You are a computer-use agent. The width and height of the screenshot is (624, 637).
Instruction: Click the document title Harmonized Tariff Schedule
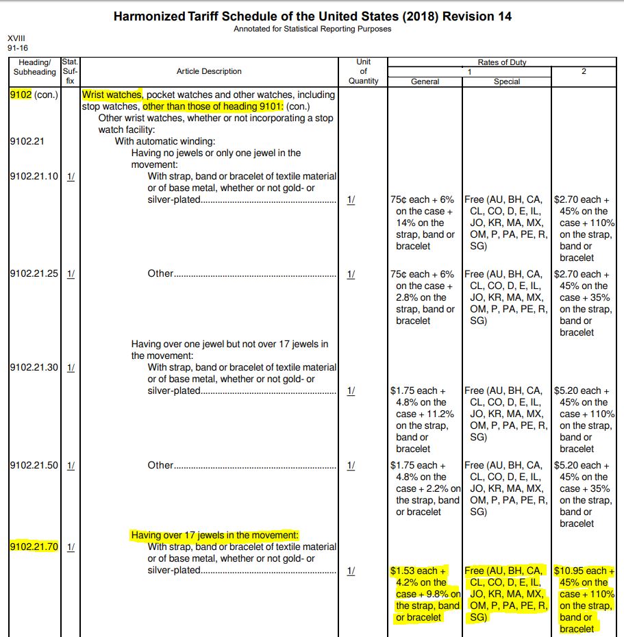312,16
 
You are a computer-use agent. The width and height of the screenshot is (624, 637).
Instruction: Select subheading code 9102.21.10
34,176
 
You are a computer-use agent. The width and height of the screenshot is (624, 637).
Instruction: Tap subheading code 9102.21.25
34,274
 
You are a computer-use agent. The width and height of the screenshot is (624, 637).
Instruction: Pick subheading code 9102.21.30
34,367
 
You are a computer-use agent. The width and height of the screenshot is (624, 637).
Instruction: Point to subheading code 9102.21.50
34,465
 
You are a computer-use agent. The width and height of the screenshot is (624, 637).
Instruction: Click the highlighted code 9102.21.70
34,547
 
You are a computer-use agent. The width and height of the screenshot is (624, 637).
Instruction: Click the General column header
425,82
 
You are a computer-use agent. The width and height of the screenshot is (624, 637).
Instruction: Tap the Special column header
507,82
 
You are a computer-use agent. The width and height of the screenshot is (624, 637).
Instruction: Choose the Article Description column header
209,71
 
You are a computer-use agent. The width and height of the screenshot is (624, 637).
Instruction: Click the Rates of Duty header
502,62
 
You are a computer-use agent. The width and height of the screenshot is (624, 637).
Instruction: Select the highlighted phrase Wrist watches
112,95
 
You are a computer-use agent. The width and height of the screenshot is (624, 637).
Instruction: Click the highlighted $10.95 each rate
584,571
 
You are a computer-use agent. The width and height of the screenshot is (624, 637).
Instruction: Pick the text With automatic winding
164,141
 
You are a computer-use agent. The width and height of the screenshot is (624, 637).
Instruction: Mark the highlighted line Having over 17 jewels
215,535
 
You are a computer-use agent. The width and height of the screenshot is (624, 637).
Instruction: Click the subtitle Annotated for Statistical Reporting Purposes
312,29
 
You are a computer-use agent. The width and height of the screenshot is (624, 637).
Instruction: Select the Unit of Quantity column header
363,71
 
